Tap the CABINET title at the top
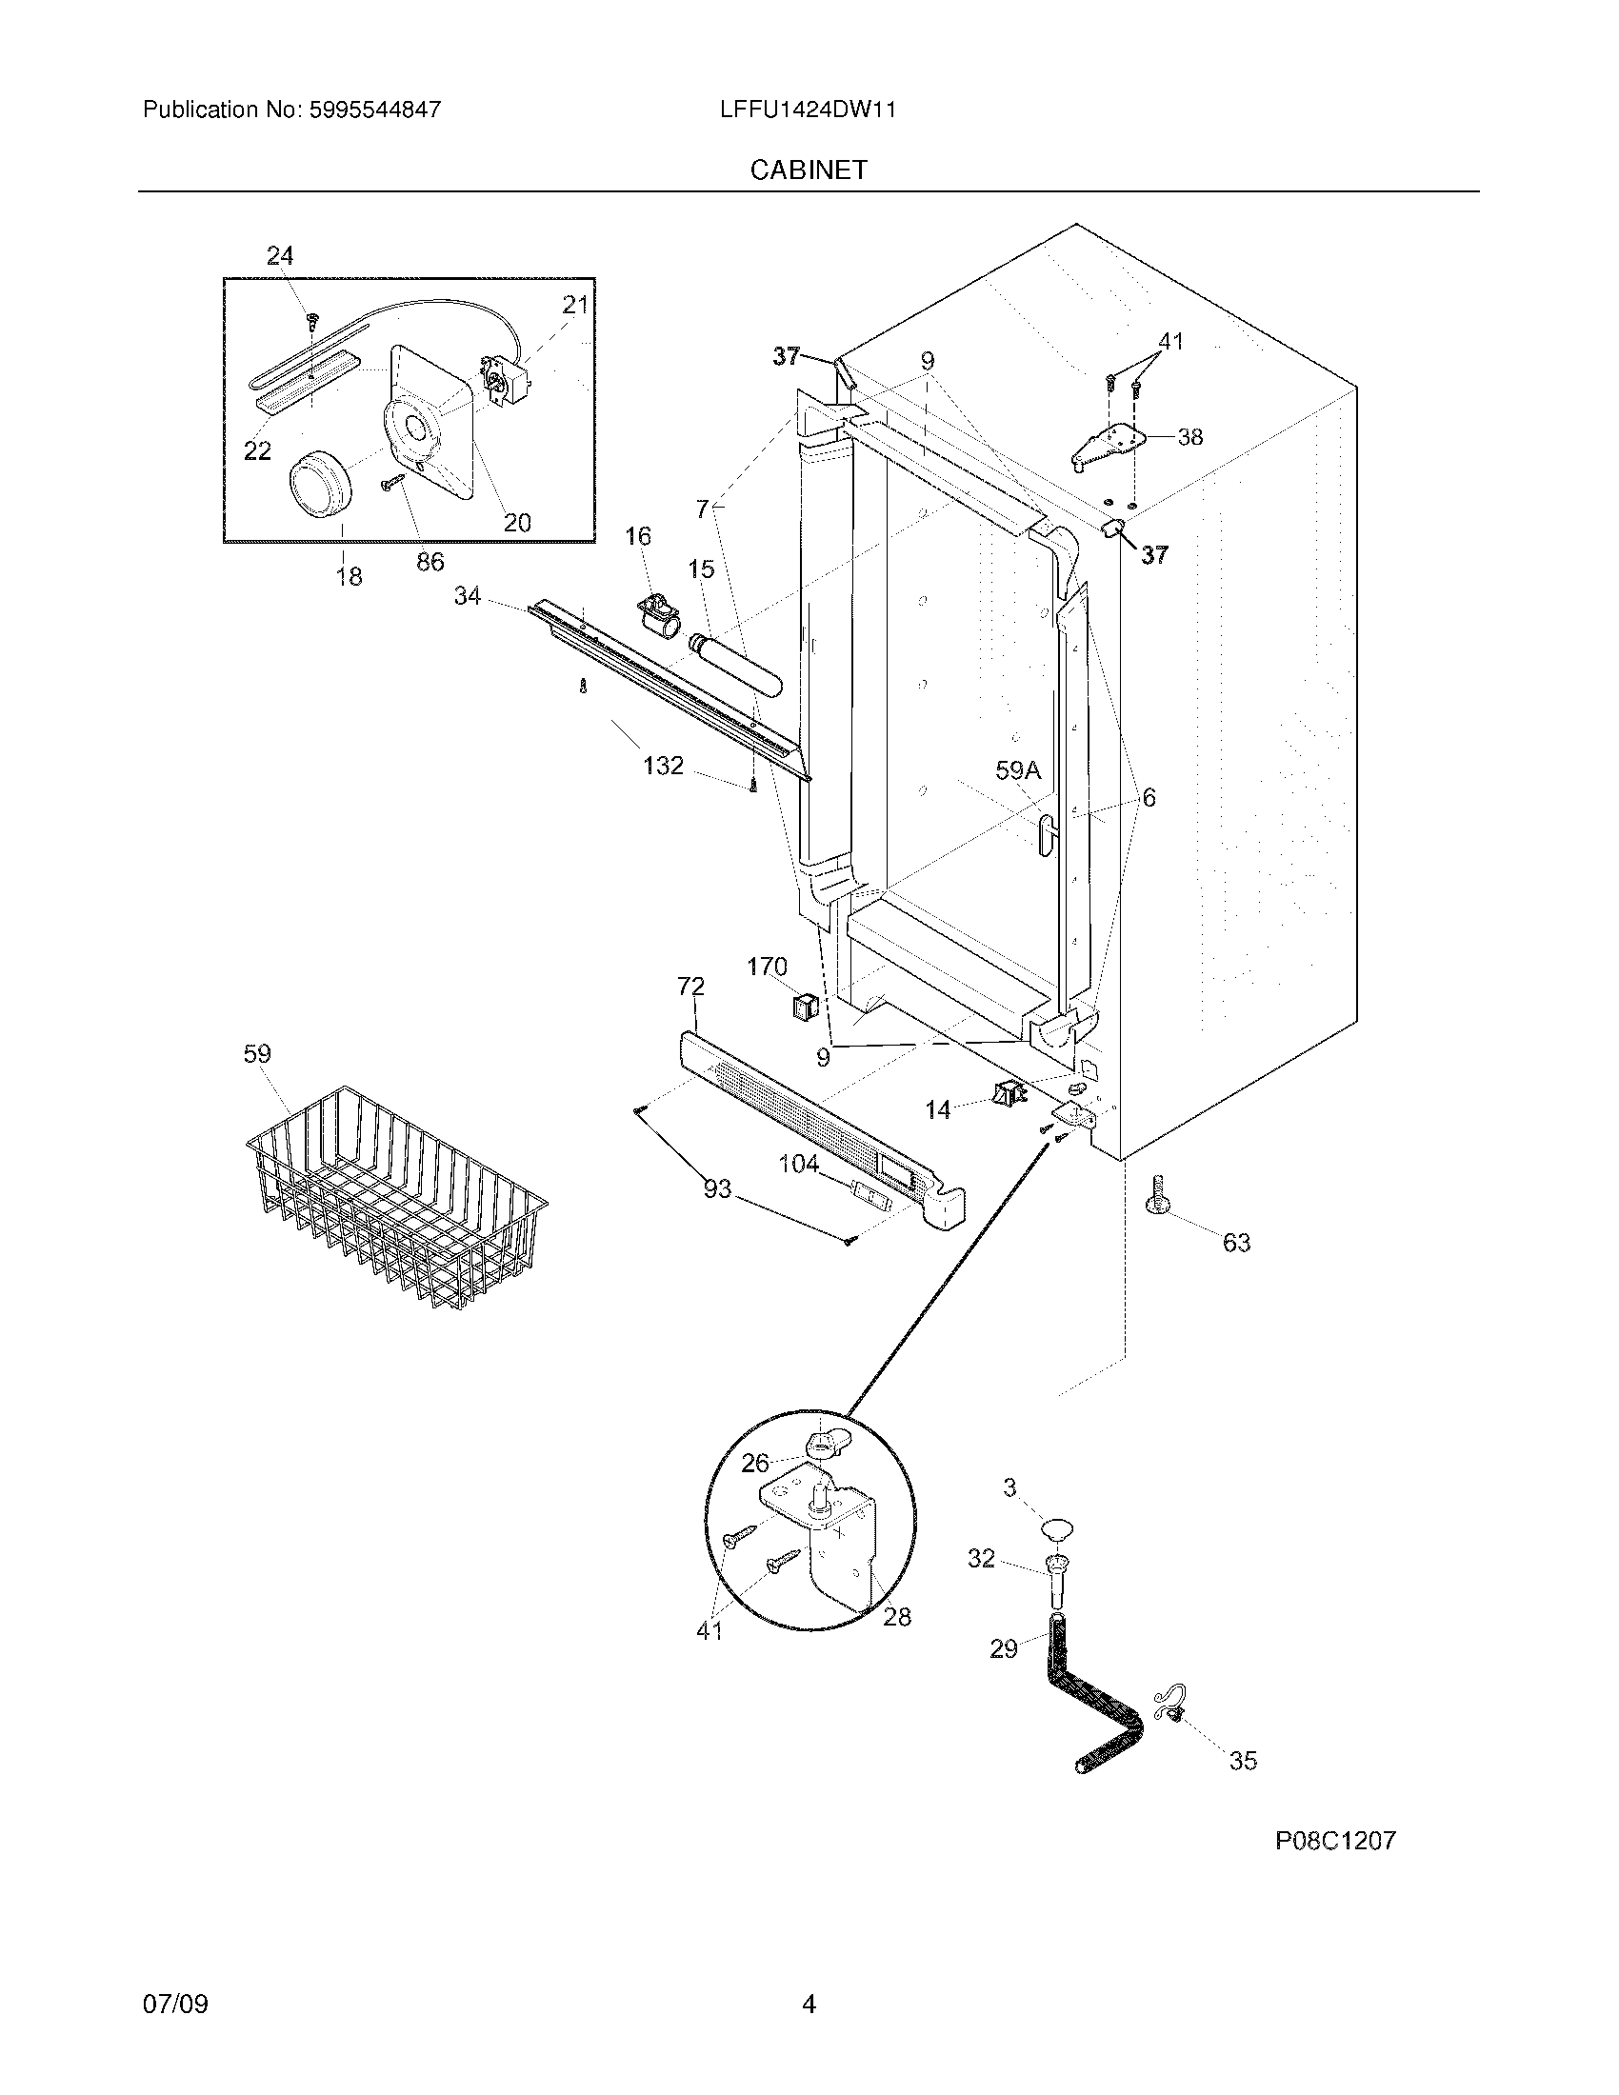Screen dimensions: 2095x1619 (x=808, y=170)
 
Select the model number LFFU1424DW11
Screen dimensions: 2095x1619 (x=808, y=110)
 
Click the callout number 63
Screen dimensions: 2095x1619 (x=1236, y=1243)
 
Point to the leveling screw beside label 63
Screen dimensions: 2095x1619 (x=1156, y=1196)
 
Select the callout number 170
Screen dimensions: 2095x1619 (x=767, y=967)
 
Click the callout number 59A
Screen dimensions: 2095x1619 (x=1018, y=770)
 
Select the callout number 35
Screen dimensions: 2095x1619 (x=1242, y=1760)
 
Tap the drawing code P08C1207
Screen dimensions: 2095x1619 (x=1334, y=1840)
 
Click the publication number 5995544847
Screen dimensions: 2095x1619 (x=374, y=110)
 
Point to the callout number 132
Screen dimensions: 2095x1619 (x=663, y=766)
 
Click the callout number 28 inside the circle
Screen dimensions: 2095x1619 (x=897, y=1616)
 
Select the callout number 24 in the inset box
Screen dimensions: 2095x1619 (x=279, y=255)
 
